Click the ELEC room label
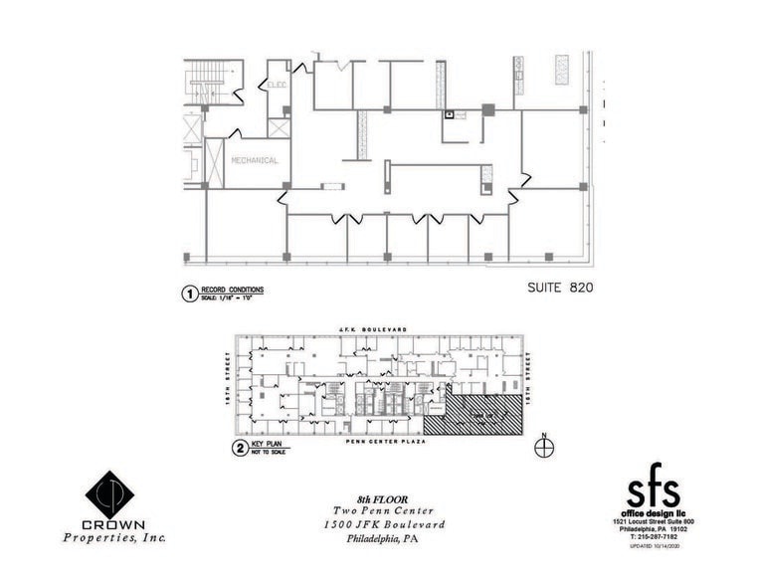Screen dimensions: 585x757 278,86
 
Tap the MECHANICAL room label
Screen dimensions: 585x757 254,160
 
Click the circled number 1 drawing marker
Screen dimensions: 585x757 185,292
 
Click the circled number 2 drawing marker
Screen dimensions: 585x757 239,448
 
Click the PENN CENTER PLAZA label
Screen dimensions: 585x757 386,441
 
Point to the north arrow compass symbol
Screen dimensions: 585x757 542,447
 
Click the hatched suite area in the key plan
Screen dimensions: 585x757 482,413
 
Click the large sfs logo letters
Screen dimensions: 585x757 653,490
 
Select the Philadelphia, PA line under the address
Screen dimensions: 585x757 383,539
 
